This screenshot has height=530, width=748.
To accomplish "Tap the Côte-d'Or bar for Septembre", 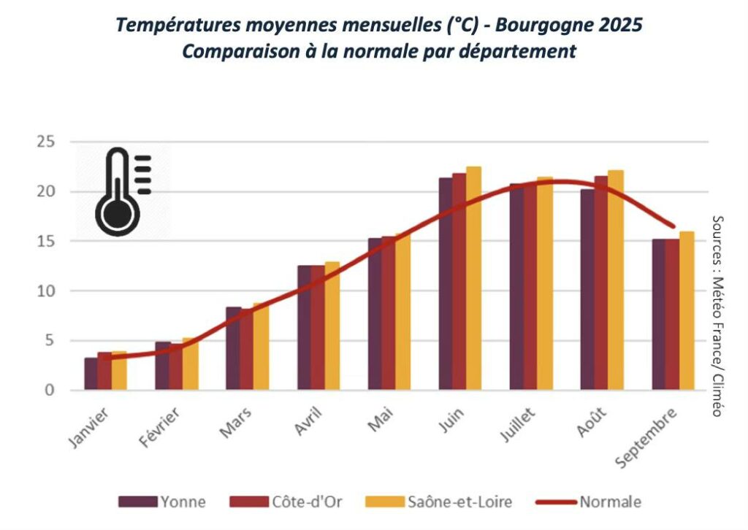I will (672, 315).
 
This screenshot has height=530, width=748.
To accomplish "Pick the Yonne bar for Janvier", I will (91, 374).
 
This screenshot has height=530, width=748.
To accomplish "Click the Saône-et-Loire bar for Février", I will (190, 364).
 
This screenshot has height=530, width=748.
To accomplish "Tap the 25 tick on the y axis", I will (46, 142).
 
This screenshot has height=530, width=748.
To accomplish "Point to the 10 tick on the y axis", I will (46, 291).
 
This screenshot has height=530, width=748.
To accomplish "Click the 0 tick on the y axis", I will (50, 391).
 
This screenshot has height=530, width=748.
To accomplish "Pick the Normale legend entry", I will (589, 502).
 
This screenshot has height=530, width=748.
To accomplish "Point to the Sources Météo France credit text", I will (717, 315).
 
